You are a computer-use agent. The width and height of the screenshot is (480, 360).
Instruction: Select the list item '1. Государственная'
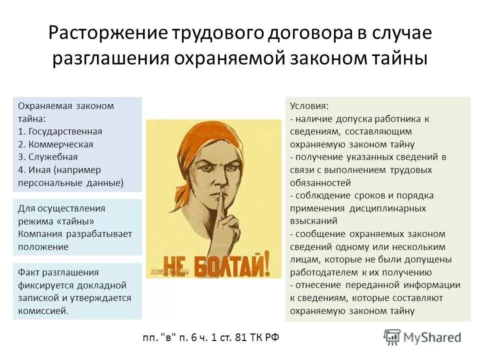point(60,131)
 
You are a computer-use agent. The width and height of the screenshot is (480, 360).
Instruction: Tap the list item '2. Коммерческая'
point(55,144)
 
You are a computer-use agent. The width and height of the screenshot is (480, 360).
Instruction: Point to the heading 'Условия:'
point(309,106)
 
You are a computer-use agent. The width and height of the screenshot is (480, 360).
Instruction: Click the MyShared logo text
point(433,337)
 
